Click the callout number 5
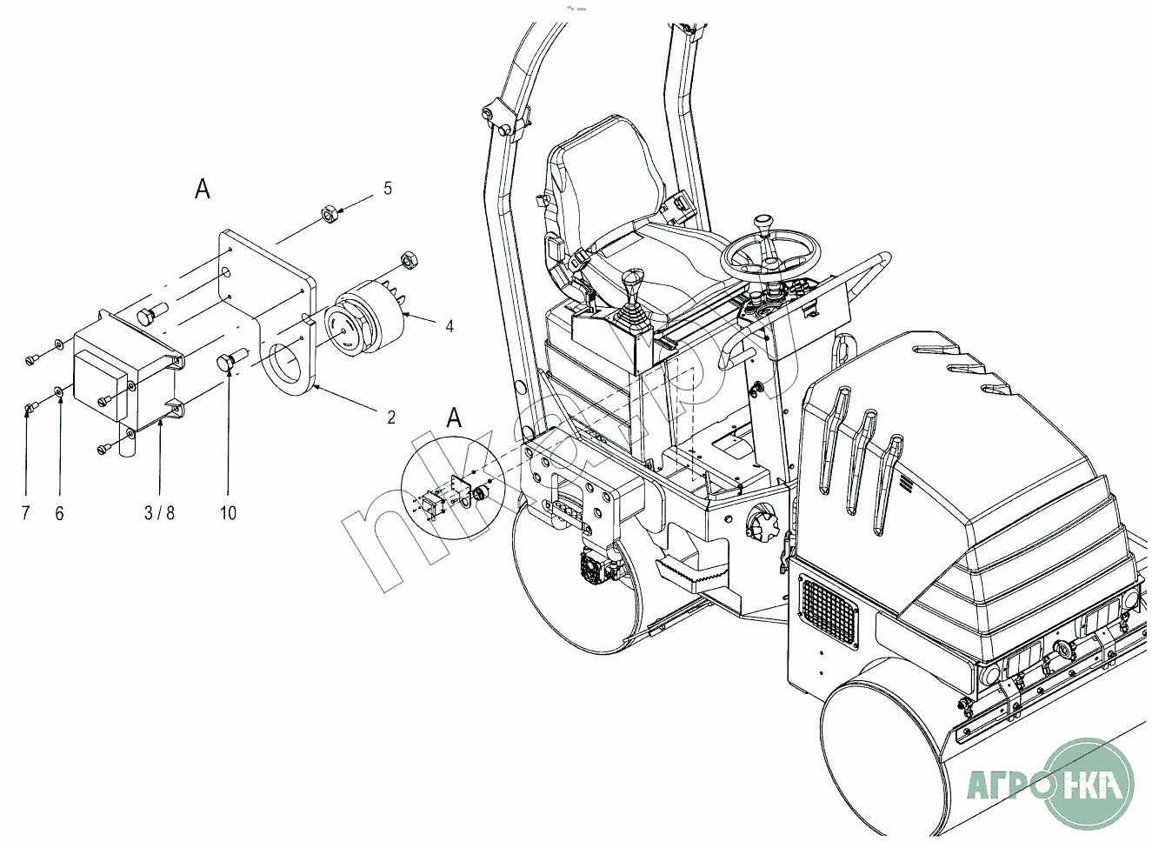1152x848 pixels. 388,189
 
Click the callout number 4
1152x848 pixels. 449,326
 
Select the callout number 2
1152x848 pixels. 391,417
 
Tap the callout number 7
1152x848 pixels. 26,512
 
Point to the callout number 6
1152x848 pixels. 60,513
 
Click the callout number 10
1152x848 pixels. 228,512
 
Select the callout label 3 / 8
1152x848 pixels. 159,512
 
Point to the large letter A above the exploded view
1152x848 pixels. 202,190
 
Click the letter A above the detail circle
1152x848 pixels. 454,417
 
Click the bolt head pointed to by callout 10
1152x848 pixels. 224,362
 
